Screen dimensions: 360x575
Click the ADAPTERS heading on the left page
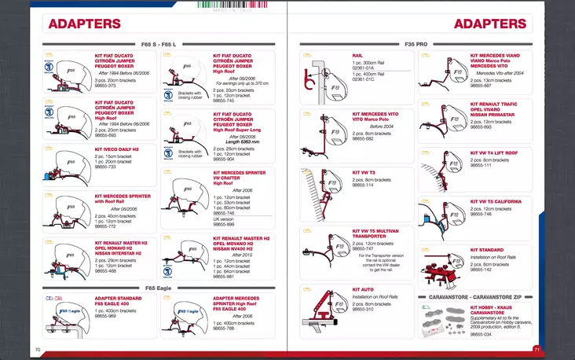tap(84, 24)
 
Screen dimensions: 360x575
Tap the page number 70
tap(37, 349)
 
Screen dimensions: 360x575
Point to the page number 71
tap(537, 349)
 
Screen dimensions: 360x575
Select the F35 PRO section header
tap(416, 43)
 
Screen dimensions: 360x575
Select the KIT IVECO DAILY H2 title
tap(115, 149)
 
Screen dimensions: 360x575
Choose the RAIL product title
tap(357, 57)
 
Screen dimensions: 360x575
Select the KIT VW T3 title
tap(364, 171)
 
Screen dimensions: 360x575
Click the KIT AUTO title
tap(363, 290)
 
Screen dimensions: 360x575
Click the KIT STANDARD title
tap(487, 250)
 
